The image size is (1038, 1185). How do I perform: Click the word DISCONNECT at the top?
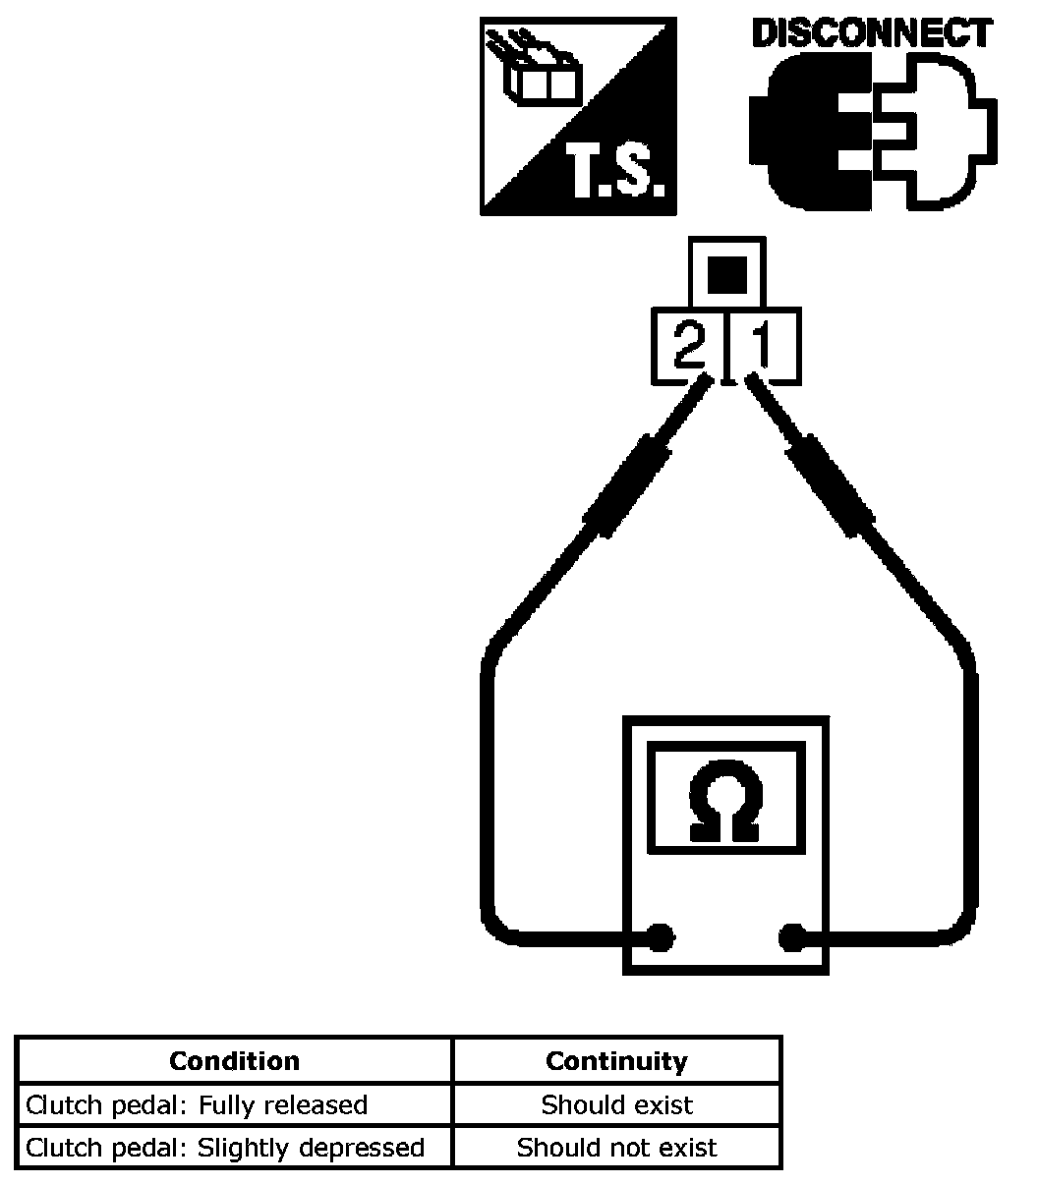pos(871,33)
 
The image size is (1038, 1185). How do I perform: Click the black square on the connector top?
pos(726,274)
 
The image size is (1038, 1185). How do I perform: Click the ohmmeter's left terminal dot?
pos(663,938)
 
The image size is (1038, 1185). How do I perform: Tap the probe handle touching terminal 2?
pos(627,487)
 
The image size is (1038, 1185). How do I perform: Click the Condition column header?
pos(234,1061)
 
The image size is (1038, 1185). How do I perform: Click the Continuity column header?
pos(616,1061)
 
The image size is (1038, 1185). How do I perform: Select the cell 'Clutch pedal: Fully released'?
pos(197,1104)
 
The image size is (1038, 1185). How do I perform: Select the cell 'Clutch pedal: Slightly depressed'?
pos(225,1148)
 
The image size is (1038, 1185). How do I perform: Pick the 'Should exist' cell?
pos(616,1104)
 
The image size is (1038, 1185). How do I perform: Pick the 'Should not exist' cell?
pos(616,1148)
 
